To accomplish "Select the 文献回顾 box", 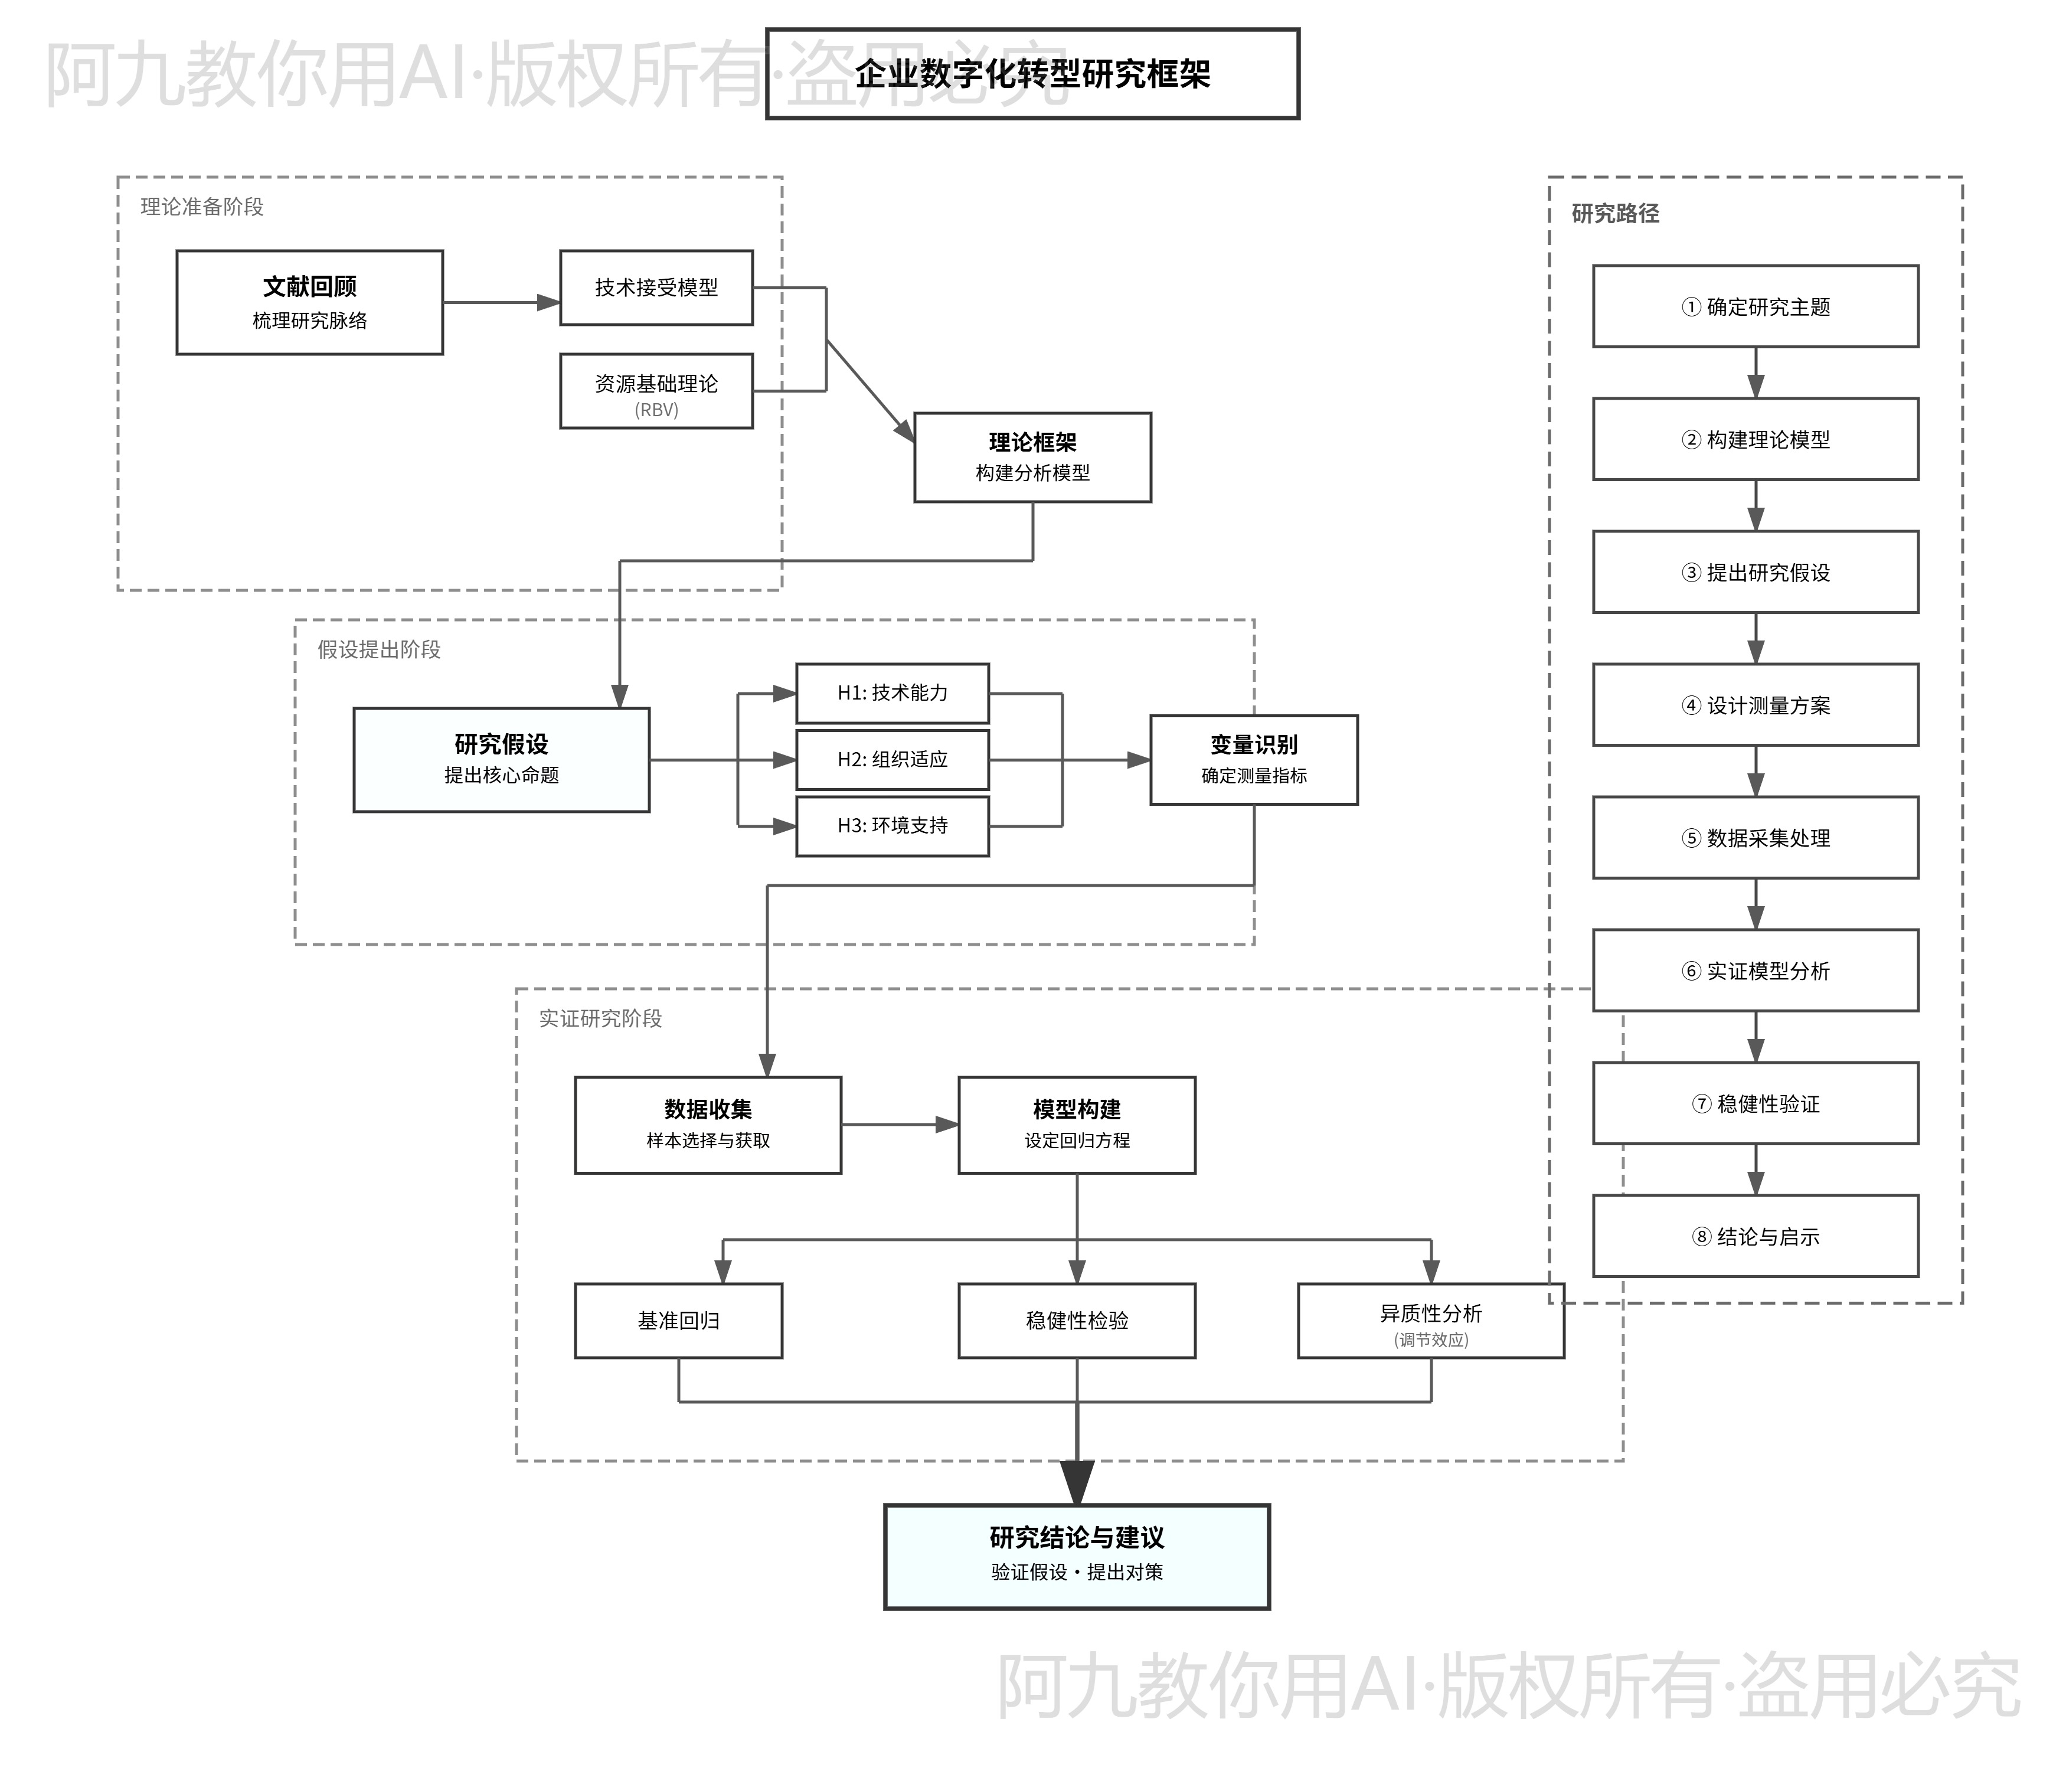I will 309,302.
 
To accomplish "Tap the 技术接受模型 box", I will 656,287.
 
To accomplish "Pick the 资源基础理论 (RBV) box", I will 656,391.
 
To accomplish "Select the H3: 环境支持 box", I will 893,826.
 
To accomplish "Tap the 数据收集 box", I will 708,1125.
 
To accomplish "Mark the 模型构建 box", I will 1077,1125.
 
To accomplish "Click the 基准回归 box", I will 678,1320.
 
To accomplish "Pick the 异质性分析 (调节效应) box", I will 1431,1320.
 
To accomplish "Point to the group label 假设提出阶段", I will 379,650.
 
